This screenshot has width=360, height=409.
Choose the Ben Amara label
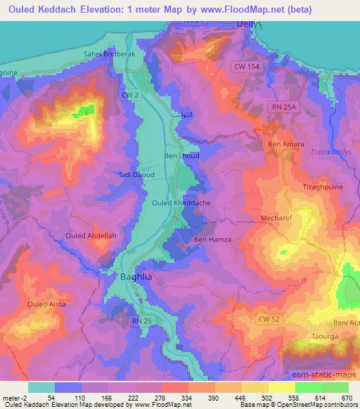(286, 145)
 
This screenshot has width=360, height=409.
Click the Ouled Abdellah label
(86, 235)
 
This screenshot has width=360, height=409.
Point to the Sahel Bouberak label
(108, 53)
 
